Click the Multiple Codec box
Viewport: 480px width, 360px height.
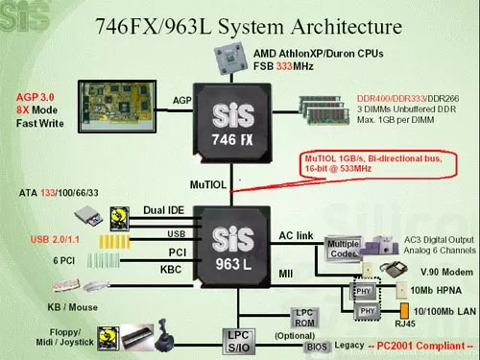tap(344, 249)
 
